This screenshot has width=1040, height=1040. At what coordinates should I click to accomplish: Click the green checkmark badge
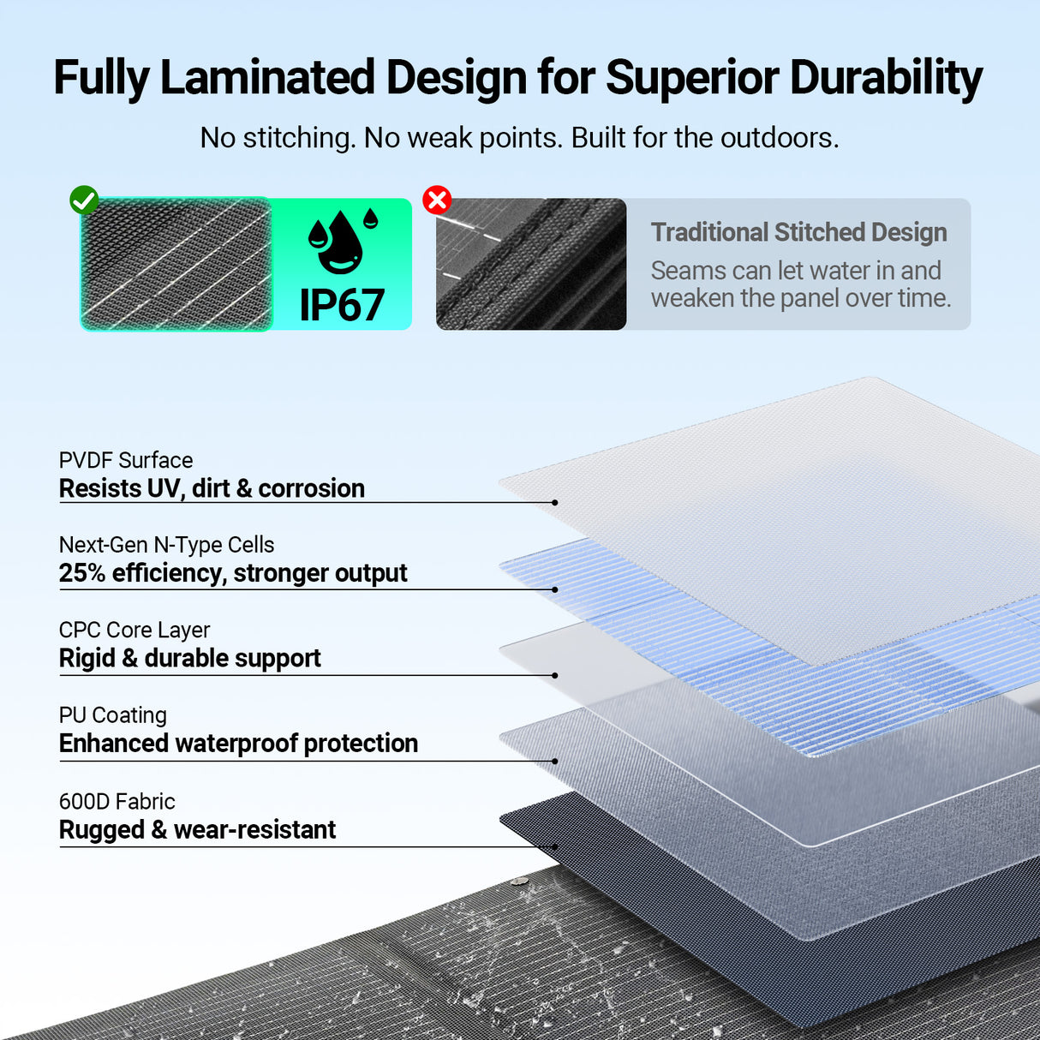coord(84,200)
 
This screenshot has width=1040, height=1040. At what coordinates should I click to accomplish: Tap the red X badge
coord(437,200)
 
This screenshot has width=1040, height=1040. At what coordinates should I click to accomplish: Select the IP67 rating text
coord(342,305)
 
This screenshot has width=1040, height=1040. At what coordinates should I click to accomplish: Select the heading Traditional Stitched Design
coord(798,232)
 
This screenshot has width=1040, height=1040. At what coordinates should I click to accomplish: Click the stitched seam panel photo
coord(531,264)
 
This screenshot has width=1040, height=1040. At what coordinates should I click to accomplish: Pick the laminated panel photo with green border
coord(176,264)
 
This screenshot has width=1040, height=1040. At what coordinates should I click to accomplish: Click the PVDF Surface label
coord(126,460)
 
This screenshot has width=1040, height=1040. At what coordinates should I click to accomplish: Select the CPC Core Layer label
coord(134,630)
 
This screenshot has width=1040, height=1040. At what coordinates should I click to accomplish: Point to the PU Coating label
coord(113,715)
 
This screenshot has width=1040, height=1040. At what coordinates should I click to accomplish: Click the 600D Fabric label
coord(117,802)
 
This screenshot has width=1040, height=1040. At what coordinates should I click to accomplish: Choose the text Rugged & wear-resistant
coord(197,830)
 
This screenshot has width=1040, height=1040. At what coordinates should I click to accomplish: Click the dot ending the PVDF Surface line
coord(555,503)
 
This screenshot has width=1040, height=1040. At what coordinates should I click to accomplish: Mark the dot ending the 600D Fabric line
coord(555,847)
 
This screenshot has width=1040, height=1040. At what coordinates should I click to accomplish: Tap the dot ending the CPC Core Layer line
coord(555,676)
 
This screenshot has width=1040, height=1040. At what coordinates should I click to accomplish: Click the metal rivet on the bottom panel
coord(517,882)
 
